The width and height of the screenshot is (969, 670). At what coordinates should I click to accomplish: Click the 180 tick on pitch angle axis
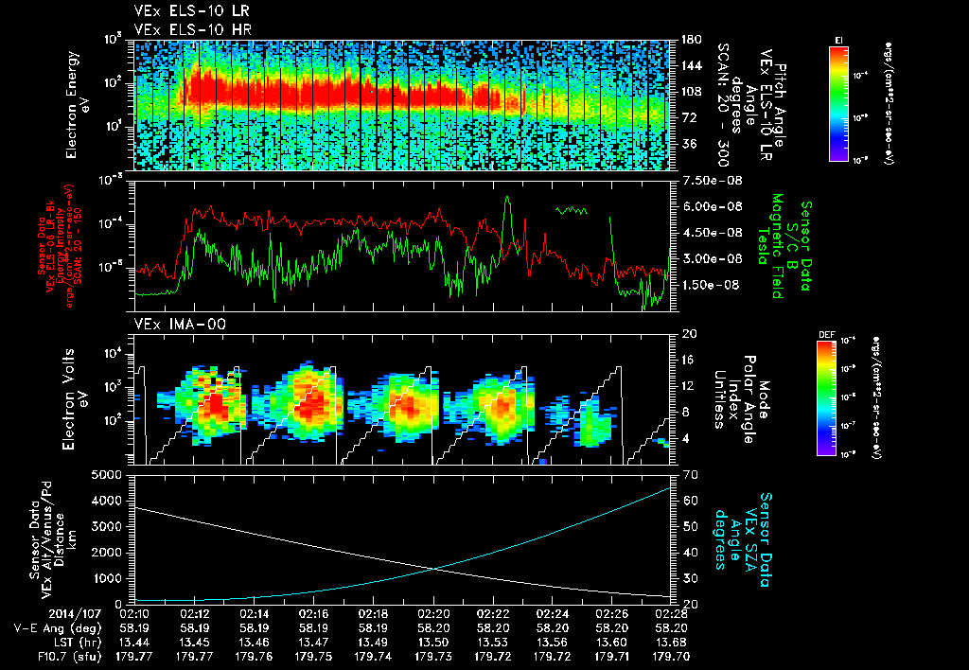click(x=689, y=40)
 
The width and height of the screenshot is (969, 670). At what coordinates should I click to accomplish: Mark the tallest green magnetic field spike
click(x=507, y=199)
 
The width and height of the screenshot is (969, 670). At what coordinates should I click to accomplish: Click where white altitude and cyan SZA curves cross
click(x=434, y=568)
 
